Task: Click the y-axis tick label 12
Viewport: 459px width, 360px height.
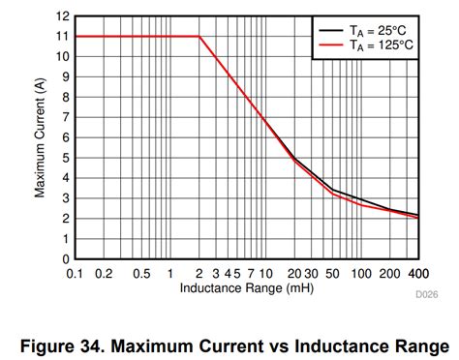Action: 63,16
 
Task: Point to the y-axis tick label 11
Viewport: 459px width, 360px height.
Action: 63,37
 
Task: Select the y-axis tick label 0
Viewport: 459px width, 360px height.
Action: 66,259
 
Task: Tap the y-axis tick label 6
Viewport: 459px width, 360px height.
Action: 66,137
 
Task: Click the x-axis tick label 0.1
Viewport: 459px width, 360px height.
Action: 76,274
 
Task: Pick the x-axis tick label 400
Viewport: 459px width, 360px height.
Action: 418,274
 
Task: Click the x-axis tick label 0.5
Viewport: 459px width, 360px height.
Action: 141,274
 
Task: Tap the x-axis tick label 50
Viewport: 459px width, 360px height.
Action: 330,274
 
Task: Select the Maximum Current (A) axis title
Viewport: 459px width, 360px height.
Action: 41,138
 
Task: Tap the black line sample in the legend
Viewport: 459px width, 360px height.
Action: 328,30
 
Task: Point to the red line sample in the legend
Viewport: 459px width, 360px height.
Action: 328,45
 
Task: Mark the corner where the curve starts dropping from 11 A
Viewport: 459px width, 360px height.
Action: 199,37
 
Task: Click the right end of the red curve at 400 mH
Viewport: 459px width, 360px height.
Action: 418,218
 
